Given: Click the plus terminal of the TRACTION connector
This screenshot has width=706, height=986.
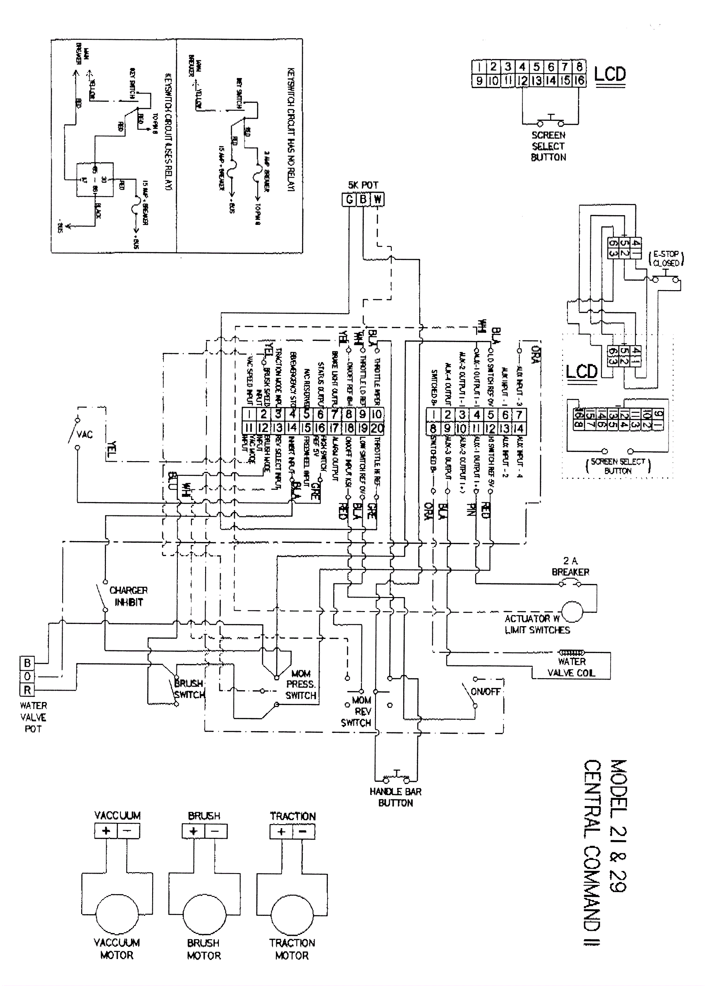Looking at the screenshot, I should pyautogui.click(x=281, y=832).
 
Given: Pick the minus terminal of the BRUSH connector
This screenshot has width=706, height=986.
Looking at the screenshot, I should pyautogui.click(x=215, y=831).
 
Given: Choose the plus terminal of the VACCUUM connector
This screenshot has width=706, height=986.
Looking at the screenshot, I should pyautogui.click(x=106, y=831).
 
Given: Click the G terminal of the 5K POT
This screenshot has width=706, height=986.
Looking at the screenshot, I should pyautogui.click(x=349, y=200).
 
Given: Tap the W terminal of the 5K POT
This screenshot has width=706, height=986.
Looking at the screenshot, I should pyautogui.click(x=377, y=200).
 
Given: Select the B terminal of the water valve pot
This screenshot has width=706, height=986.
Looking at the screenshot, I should pyautogui.click(x=27, y=663).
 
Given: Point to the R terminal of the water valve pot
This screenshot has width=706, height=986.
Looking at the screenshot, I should pyautogui.click(x=27, y=690).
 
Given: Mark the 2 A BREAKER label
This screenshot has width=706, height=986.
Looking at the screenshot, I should pyautogui.click(x=570, y=567).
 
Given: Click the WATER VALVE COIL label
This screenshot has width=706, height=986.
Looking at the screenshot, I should pyautogui.click(x=571, y=667).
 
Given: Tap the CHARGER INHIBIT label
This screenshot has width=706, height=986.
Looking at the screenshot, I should pyautogui.click(x=128, y=596).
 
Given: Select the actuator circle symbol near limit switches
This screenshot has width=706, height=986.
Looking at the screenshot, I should pyautogui.click(x=572, y=611).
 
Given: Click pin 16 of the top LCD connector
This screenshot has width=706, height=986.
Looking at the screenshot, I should pyautogui.click(x=579, y=81).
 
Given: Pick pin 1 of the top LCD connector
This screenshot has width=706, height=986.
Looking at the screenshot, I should pyautogui.click(x=479, y=67).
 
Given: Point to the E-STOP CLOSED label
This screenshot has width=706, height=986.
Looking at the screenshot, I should pyautogui.click(x=666, y=258).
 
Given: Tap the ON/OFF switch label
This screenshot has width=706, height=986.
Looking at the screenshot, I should pyautogui.click(x=485, y=691).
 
